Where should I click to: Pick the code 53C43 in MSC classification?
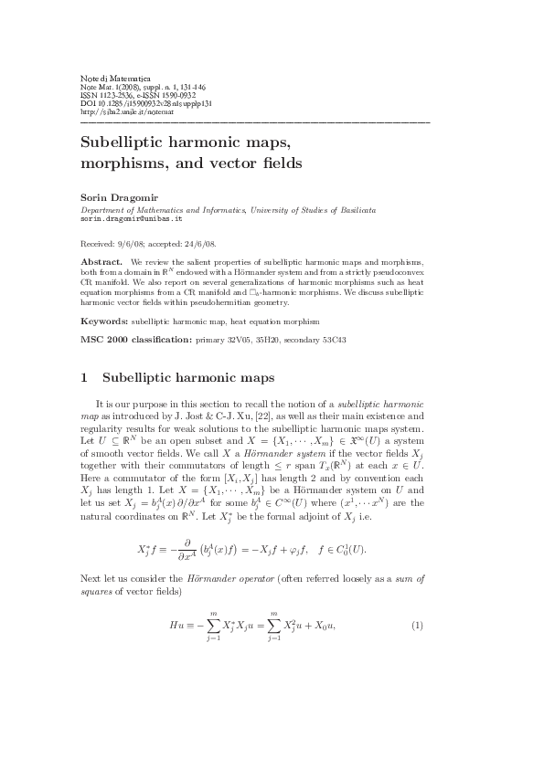point(334,341)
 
